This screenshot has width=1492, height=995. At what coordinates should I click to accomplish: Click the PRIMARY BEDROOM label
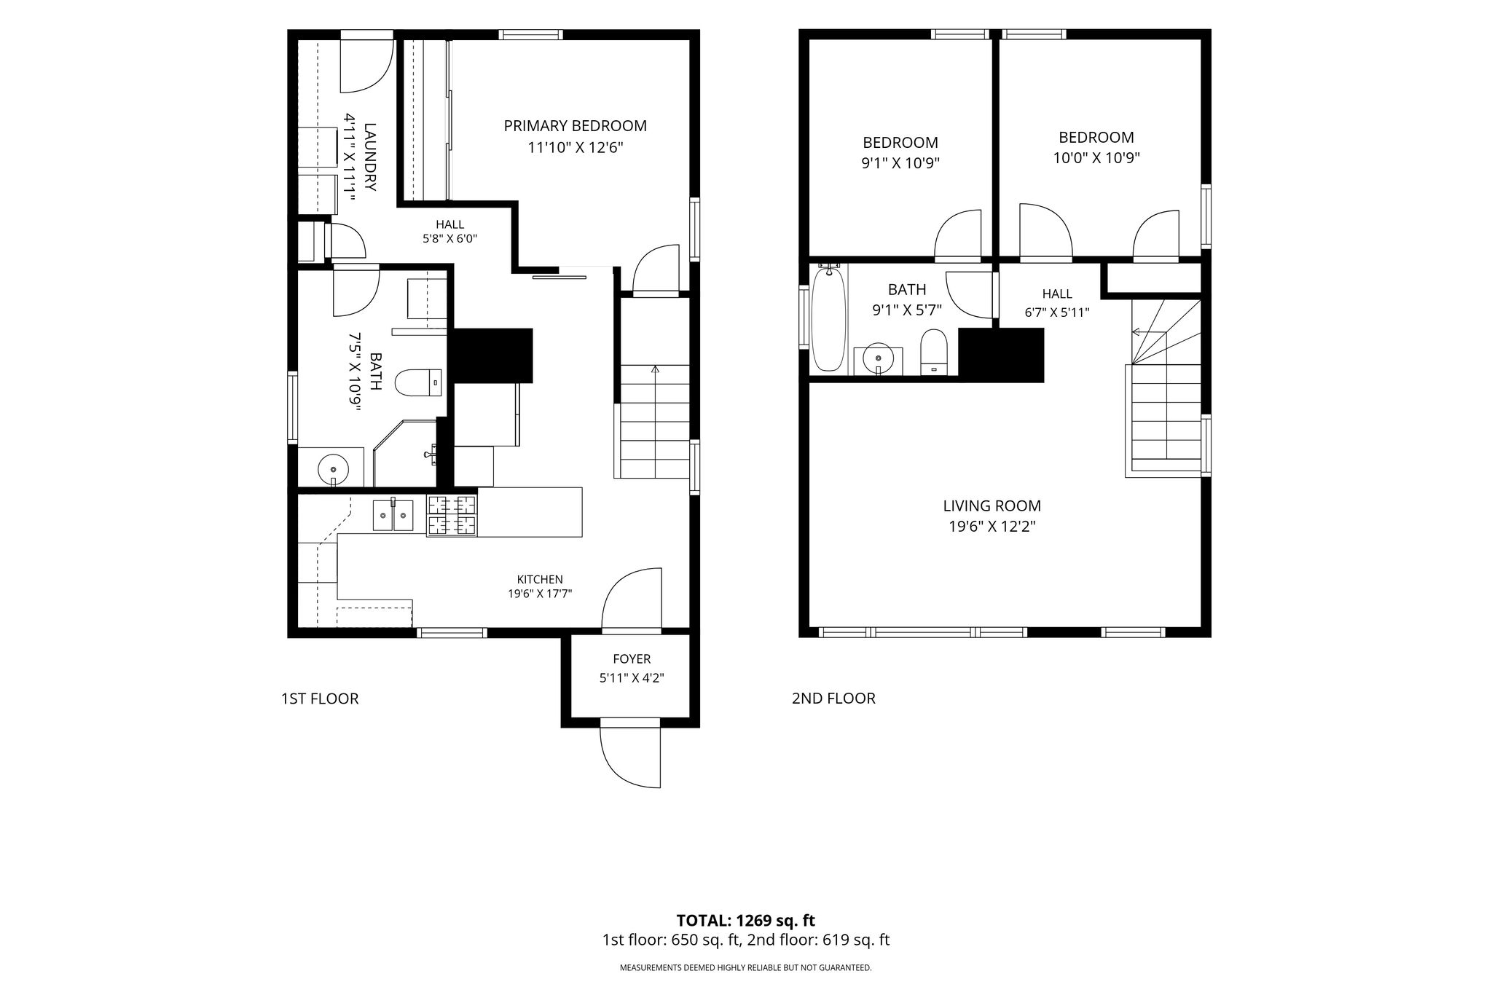pos(575,126)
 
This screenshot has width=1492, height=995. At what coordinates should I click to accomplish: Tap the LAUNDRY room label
pos(370,157)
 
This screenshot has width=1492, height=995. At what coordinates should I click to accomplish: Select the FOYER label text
pos(632,659)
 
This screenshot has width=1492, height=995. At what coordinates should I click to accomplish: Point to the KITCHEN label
pos(540,580)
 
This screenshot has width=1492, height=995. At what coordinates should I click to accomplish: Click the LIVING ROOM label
pos(992,506)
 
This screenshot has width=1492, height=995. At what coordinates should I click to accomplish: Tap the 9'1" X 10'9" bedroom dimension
pos(900,164)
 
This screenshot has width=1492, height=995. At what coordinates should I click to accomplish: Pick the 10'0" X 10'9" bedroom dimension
pos(1096,158)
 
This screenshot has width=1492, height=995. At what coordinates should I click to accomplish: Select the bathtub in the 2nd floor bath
pos(828,318)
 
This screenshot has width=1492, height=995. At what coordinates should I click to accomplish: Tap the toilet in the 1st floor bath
pos(419,382)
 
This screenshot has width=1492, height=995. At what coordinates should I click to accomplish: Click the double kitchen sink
pos(393,515)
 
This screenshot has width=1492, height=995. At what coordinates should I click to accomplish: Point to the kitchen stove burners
pos(452,516)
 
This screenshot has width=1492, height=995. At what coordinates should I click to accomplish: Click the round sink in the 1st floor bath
pos(334,467)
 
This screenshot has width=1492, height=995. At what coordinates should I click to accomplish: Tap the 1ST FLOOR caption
pos(320,699)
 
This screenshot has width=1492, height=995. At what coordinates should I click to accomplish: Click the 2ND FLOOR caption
pos(833,699)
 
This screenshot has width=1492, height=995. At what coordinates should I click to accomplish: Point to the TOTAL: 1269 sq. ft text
pos(746,921)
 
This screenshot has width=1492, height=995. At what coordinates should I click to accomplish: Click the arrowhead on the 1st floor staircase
pos(655,369)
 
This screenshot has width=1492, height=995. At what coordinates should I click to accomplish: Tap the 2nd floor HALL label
pos(1057,294)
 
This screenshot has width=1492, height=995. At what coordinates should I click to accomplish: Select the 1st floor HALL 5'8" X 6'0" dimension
pos(450,239)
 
